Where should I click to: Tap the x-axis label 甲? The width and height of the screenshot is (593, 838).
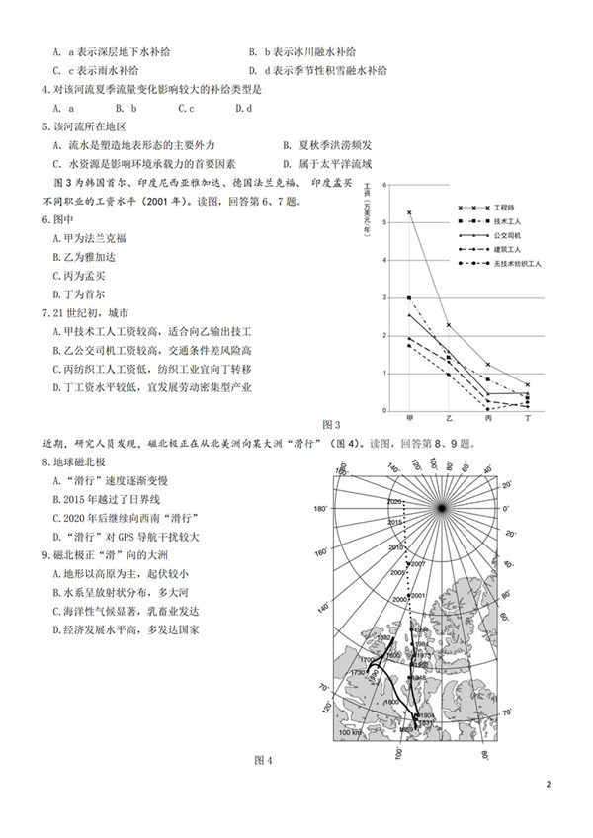click(409, 420)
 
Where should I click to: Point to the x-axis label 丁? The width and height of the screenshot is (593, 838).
click(527, 420)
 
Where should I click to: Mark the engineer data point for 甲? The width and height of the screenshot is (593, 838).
click(409, 212)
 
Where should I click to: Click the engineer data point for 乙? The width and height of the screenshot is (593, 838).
click(448, 325)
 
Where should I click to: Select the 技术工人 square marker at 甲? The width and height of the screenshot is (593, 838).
click(409, 297)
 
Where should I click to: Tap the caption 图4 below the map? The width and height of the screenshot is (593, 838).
click(262, 760)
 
